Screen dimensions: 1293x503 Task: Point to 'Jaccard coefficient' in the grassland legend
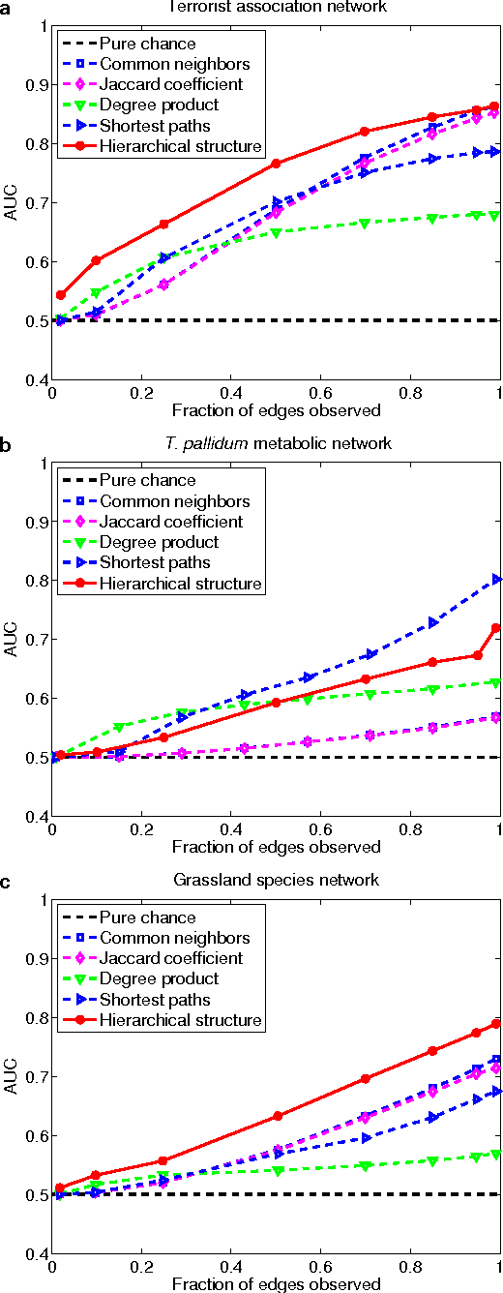[171, 958]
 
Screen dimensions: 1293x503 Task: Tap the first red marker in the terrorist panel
[61, 294]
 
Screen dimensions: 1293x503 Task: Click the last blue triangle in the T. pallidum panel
[497, 580]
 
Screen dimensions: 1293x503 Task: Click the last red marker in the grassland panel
[496, 1023]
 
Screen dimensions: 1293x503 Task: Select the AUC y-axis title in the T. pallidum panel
[13, 640]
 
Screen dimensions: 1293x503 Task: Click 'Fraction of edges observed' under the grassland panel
[276, 1284]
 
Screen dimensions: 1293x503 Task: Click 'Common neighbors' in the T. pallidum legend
[175, 501]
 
